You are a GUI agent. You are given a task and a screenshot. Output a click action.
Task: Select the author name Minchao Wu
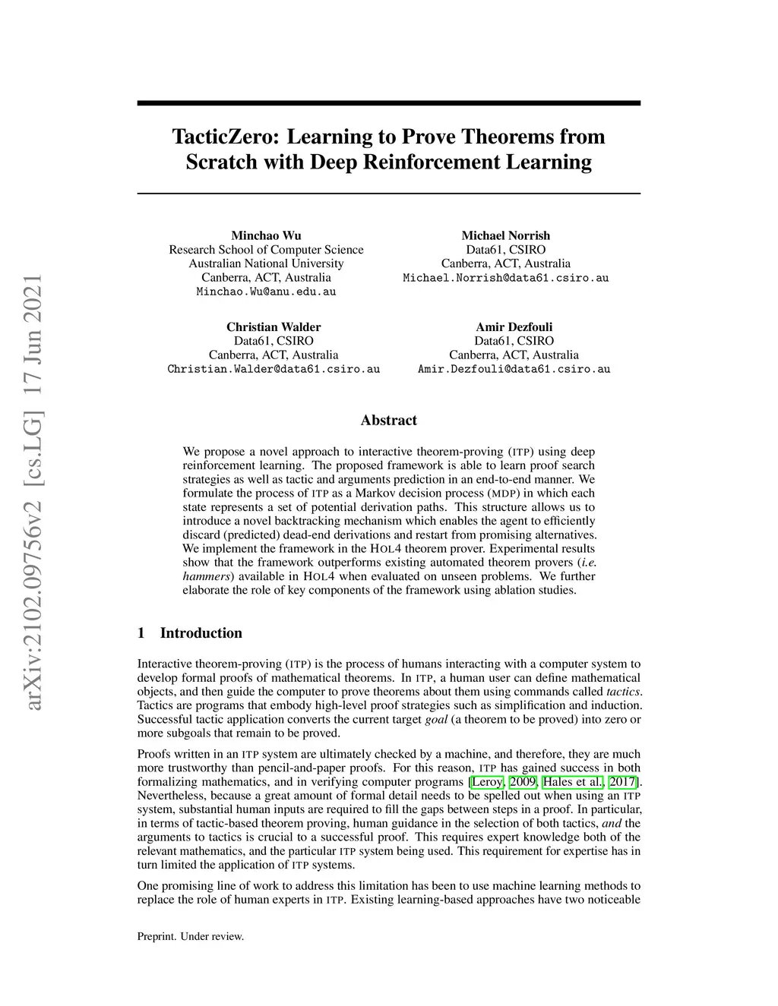(x=266, y=235)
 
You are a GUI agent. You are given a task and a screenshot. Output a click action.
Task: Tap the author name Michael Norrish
(x=505, y=235)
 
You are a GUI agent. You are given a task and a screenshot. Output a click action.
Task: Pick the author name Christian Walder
(x=274, y=327)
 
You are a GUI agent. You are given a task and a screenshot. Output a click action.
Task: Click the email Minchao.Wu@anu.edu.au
(x=266, y=292)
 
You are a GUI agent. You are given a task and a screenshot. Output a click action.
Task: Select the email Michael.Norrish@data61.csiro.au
(x=505, y=278)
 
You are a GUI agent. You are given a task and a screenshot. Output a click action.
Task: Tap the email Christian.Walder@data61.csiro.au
(x=274, y=370)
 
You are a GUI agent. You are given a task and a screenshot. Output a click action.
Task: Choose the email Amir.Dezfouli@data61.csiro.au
(x=514, y=370)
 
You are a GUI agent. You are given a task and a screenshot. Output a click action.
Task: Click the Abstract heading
(x=388, y=421)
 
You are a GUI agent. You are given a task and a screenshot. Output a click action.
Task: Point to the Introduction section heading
(x=201, y=633)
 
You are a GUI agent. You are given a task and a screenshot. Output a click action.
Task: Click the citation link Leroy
(x=487, y=782)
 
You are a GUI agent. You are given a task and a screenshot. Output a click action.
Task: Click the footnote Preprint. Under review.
(x=190, y=937)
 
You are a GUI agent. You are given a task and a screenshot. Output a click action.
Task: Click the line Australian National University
(x=266, y=263)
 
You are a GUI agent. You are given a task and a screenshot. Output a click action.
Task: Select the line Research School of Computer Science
(x=266, y=250)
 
